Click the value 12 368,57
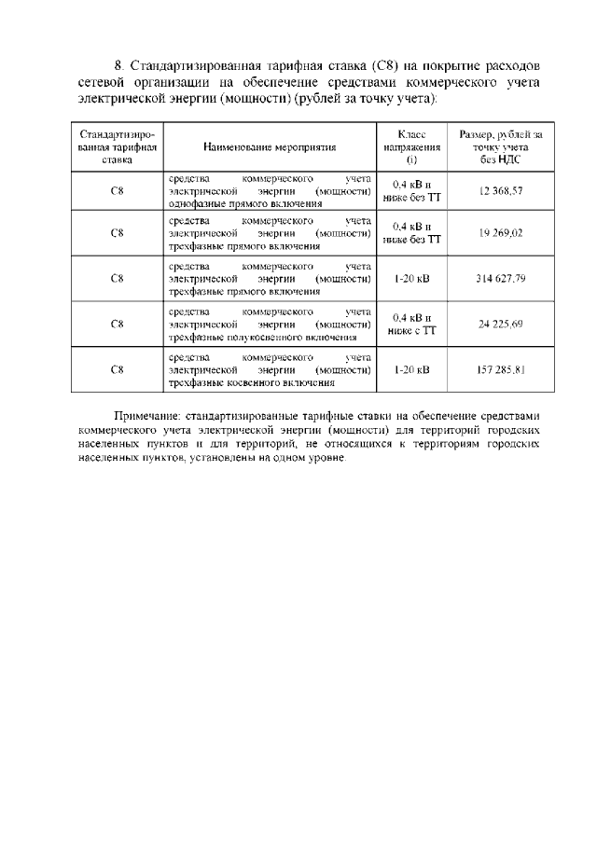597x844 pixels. (500, 190)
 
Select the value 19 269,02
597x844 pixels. (500, 233)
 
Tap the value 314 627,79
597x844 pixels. (500, 278)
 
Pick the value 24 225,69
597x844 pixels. (500, 324)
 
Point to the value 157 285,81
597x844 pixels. (500, 369)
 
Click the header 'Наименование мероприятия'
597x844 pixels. (270, 147)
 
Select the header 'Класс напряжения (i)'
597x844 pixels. (411, 147)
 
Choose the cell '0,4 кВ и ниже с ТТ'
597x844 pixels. (411, 324)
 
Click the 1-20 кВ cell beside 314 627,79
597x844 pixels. (411, 278)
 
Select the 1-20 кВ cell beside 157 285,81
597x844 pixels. (411, 369)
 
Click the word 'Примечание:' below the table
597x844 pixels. (148, 415)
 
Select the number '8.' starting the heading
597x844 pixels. (119, 67)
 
